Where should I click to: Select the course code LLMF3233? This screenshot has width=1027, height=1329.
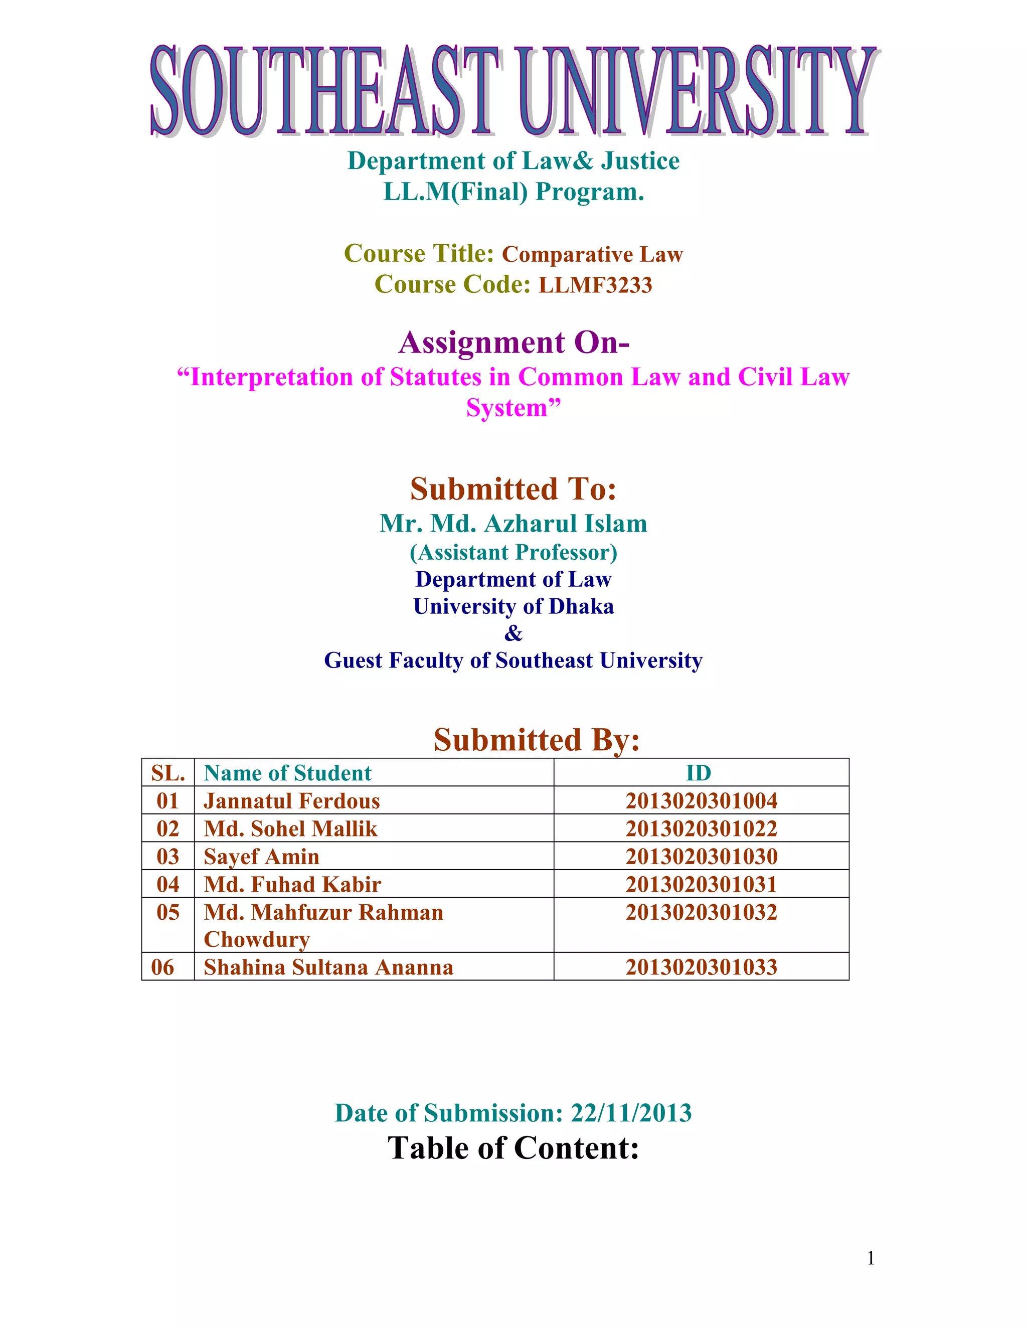[x=595, y=285]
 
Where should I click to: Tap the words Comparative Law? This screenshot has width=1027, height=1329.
[x=592, y=254]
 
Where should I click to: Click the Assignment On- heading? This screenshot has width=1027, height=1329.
[x=513, y=343]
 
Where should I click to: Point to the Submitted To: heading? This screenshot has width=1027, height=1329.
[x=513, y=489]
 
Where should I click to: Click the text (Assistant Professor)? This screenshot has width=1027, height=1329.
[x=513, y=553]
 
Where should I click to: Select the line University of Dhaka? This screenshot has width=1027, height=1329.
[x=513, y=607]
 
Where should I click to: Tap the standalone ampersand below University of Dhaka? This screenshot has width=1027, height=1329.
[x=513, y=633]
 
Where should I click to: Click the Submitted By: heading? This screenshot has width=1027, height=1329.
[x=536, y=740]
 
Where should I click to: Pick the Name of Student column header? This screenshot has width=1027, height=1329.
[x=287, y=773]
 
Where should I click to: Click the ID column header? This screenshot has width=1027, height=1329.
[x=699, y=773]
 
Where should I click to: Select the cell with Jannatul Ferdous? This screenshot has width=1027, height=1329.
[x=291, y=801]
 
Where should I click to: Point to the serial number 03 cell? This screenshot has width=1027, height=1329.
[x=168, y=857]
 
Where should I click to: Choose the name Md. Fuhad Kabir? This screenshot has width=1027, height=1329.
[x=292, y=885]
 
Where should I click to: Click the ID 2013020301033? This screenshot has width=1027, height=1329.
[x=702, y=967]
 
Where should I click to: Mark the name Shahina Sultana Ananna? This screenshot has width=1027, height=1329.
[x=328, y=967]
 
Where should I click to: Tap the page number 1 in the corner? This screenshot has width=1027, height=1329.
[x=871, y=1258]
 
